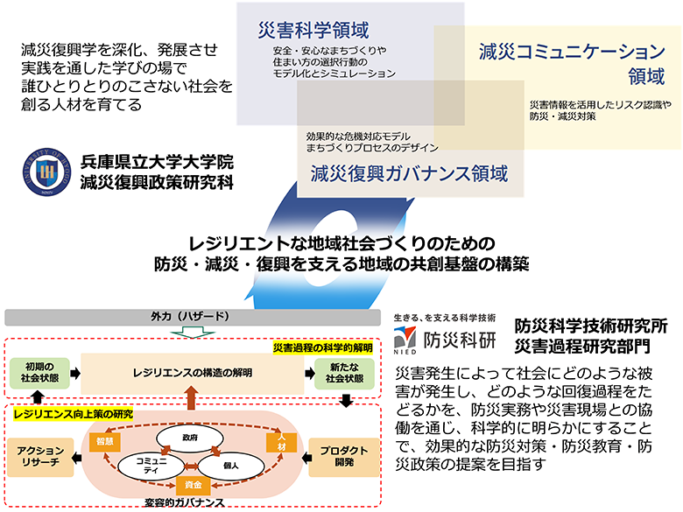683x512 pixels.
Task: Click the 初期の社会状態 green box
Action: pos(38,373)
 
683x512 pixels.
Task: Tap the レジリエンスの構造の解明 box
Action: pos(192,373)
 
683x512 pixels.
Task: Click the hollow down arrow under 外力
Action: pos(192,332)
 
